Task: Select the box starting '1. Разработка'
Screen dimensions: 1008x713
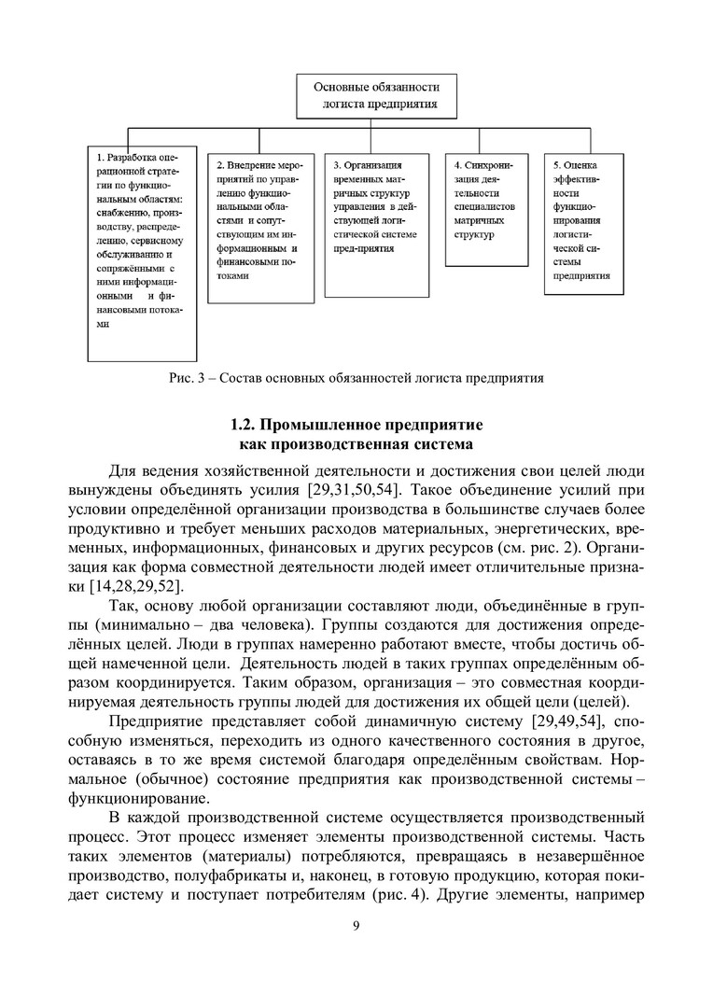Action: pyautogui.click(x=142, y=252)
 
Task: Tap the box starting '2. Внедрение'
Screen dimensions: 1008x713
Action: pyautogui.click(x=259, y=224)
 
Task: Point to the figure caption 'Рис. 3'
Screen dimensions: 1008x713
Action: pyautogui.click(x=356, y=378)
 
